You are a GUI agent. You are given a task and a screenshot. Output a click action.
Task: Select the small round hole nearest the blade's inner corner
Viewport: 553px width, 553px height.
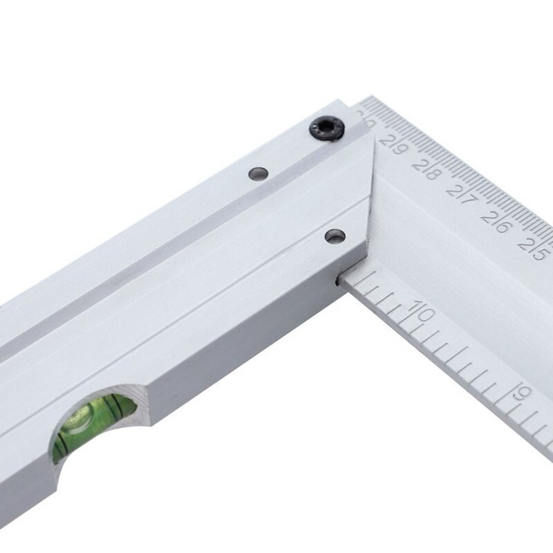(x=335, y=236)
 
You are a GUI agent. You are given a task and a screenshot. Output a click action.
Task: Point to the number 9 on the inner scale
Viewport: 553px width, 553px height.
(x=522, y=394)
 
